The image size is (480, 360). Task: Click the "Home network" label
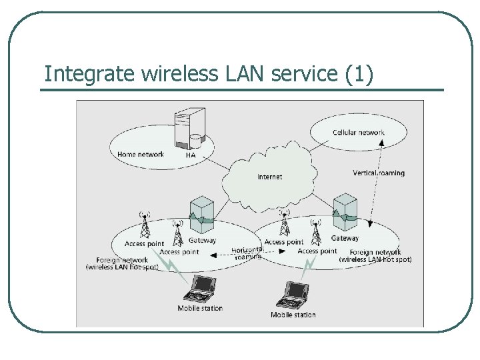pyautogui.click(x=141, y=155)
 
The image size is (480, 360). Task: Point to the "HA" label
pyautogui.click(x=191, y=155)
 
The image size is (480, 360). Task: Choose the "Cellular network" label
pyautogui.click(x=359, y=133)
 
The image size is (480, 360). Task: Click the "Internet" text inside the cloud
pyautogui.click(x=269, y=177)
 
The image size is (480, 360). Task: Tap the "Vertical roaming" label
pyautogui.click(x=378, y=173)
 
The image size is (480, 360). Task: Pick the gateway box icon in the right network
pyautogui.click(x=345, y=210)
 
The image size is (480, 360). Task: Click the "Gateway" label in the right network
pyautogui.click(x=345, y=238)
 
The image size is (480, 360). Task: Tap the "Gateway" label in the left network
pyautogui.click(x=202, y=241)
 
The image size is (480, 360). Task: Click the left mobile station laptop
pyautogui.click(x=199, y=288)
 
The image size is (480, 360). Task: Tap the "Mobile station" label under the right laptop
pyautogui.click(x=293, y=315)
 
